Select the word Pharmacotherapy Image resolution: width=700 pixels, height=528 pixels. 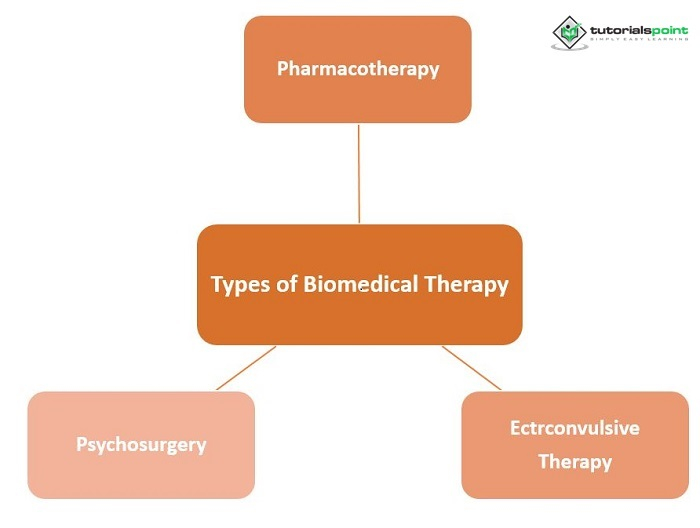point(358,69)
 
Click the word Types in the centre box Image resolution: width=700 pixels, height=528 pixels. point(241,285)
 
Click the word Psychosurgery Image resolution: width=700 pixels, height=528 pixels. point(141,444)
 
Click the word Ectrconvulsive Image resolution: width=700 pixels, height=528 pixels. point(574,428)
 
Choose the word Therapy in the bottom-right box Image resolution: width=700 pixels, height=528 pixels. point(574,461)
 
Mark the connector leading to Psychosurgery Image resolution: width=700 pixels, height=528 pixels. point(245,368)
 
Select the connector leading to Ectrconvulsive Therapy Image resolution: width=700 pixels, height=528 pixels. point(472,367)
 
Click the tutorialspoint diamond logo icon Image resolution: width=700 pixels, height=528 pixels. point(570,32)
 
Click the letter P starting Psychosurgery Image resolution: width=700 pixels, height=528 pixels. point(81,444)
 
